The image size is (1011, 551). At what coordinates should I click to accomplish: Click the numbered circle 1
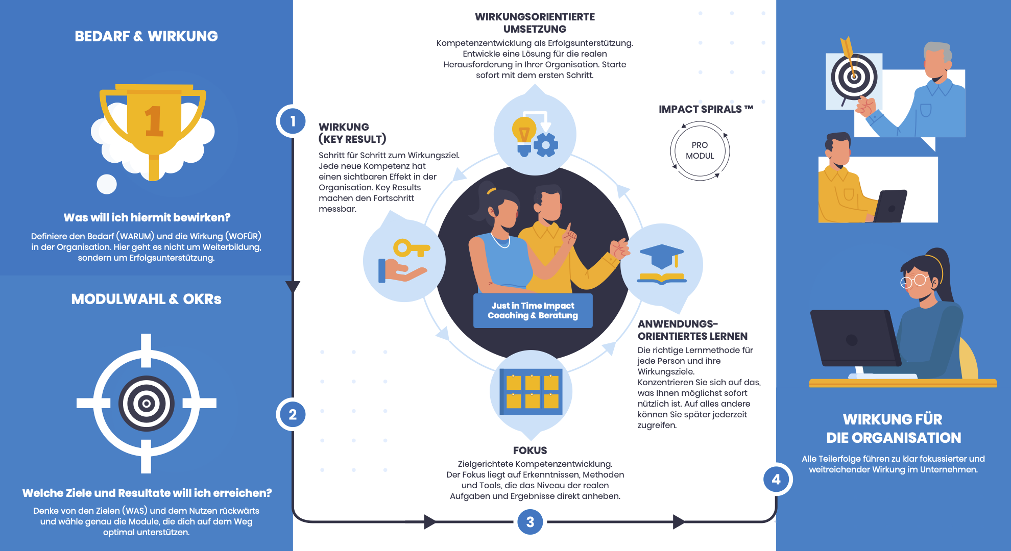click(292, 121)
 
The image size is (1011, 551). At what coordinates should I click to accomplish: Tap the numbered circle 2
click(292, 414)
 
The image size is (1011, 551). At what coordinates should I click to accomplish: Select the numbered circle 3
click(530, 522)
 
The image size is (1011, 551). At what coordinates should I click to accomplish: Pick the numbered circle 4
click(776, 480)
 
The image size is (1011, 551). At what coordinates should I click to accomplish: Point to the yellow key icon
click(410, 249)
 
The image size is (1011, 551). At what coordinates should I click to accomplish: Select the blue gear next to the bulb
click(546, 145)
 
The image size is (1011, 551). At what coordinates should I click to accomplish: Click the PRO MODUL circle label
click(700, 151)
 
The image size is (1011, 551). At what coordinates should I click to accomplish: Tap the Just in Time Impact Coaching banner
click(533, 310)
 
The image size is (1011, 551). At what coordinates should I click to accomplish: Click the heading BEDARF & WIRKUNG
click(146, 36)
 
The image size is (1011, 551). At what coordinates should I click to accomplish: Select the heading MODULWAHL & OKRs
click(146, 299)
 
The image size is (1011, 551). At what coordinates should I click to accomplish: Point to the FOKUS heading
click(530, 450)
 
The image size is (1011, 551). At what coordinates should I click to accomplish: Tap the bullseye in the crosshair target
click(147, 404)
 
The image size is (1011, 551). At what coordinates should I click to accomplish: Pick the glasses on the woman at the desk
click(914, 281)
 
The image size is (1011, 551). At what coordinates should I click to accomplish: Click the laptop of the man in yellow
click(891, 206)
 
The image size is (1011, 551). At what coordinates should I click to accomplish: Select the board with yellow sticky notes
click(531, 391)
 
